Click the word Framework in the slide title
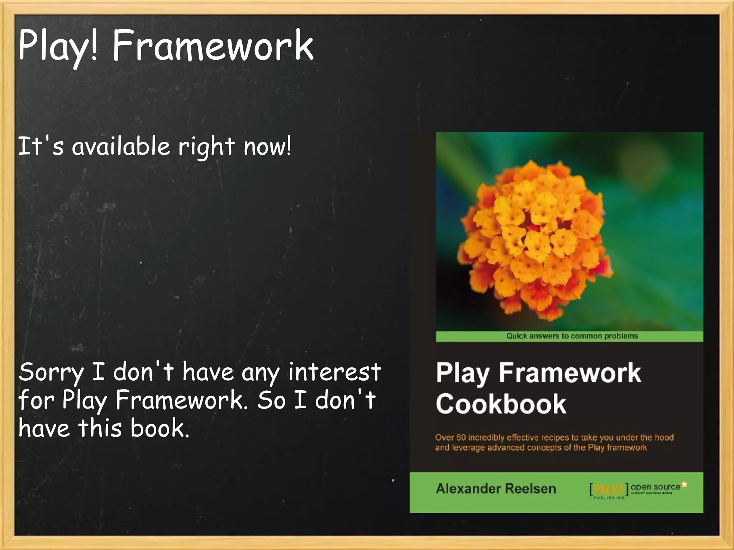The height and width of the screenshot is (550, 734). coord(213,45)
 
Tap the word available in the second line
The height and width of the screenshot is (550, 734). coord(121,146)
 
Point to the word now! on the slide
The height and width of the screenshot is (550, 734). coord(267,146)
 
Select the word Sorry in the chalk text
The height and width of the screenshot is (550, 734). coord(51,372)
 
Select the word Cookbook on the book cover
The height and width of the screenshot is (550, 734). coord(501,404)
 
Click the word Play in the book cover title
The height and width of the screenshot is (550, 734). coord(462,373)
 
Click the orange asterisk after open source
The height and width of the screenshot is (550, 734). coord(684,484)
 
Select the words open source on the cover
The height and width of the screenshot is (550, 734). coord(655,487)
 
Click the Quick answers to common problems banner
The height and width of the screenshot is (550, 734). coord(572,336)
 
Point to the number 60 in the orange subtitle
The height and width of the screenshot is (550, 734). coord(461,438)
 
